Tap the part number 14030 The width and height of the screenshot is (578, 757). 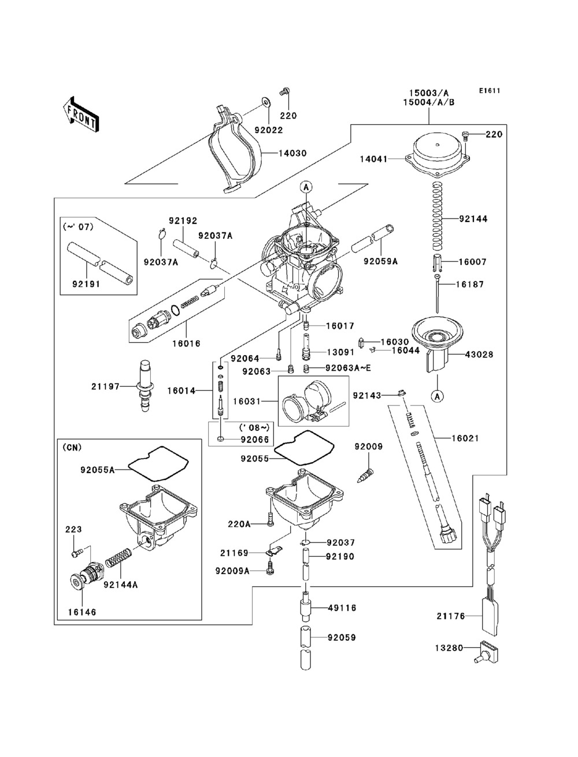(292, 153)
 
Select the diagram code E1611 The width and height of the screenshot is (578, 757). (489, 91)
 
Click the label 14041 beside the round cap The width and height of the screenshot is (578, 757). (373, 159)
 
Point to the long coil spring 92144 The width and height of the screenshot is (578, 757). (438, 216)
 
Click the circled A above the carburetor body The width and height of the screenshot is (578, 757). (306, 187)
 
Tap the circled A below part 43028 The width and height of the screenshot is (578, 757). (438, 397)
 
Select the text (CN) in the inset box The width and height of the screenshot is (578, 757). (72, 448)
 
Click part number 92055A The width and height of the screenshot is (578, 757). (97, 470)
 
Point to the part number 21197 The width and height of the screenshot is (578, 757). (105, 387)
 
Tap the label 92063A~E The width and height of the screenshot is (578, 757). (348, 368)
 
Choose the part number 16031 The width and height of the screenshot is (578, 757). (247, 401)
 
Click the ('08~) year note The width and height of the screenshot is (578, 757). (254, 427)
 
